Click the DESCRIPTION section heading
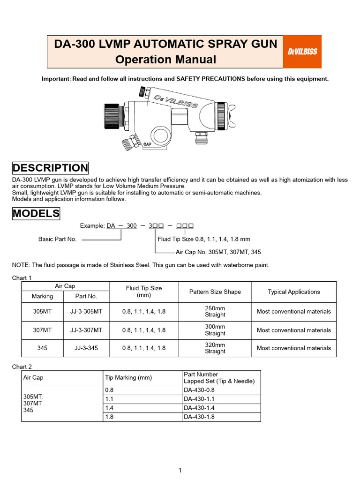(x=50, y=168)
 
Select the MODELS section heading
(x=36, y=214)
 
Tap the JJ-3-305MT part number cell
(x=86, y=311)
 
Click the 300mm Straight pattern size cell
(x=215, y=330)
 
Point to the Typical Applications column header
(x=294, y=292)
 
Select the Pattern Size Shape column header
(x=215, y=292)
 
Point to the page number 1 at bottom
(x=180, y=471)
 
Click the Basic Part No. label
(x=57, y=239)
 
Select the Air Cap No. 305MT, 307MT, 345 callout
(x=218, y=252)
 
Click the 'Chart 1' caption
(x=22, y=278)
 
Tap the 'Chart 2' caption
(x=22, y=367)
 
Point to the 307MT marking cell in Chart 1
(x=42, y=330)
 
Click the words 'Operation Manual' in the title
(x=165, y=60)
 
